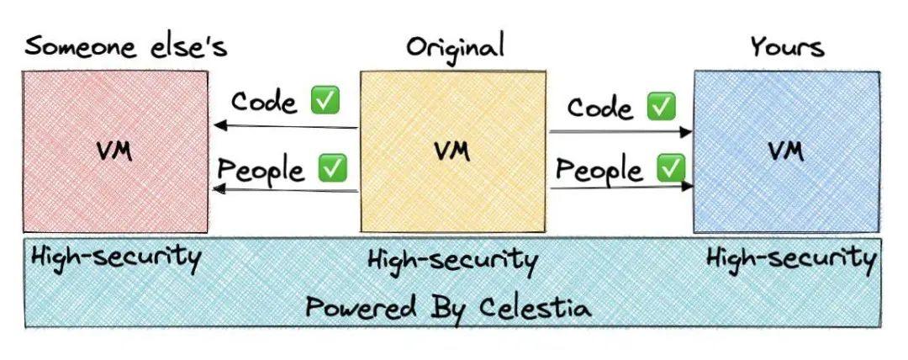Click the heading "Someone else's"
tap(125, 45)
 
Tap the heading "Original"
tap(455, 45)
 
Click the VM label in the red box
tap(114, 153)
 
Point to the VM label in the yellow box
tap(452, 151)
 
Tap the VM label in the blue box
tap(785, 151)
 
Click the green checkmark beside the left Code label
tap(325, 102)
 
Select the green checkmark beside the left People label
tap(332, 168)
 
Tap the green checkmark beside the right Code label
tap(661, 107)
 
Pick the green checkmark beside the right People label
tap(670, 168)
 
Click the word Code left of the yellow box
tap(264, 102)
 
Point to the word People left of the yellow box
tap(261, 169)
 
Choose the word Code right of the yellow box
tap(600, 108)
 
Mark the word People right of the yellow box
tap(599, 170)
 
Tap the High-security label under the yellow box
tap(452, 260)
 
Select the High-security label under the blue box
tap(789, 257)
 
